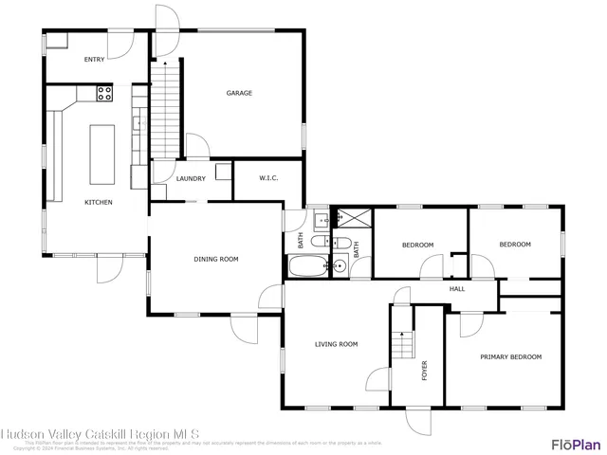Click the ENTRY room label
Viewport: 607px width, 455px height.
click(94, 60)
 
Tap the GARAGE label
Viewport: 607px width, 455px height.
click(239, 93)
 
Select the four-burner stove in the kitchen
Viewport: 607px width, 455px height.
click(104, 93)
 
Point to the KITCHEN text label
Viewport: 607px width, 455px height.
click(99, 202)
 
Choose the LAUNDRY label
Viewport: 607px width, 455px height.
click(191, 178)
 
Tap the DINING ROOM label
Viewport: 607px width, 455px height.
click(215, 259)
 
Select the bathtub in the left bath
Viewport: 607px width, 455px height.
click(306, 266)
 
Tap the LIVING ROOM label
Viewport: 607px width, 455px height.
click(336, 344)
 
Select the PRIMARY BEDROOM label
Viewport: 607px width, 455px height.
click(510, 356)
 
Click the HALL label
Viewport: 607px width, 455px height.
click(456, 289)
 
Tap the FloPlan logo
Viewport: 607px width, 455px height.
click(576, 443)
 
